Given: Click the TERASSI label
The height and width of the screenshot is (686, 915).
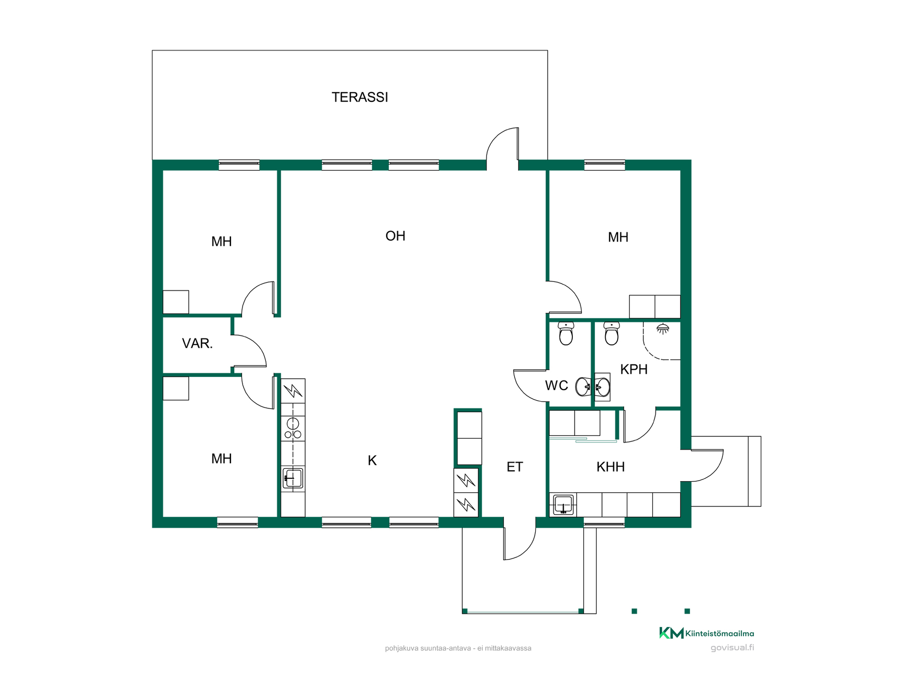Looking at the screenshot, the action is coord(360,97).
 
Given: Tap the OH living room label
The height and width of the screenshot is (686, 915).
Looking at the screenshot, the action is coord(395,236).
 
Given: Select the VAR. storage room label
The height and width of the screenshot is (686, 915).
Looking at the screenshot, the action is coord(197,343).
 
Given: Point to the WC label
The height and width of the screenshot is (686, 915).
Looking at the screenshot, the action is coord(557,385).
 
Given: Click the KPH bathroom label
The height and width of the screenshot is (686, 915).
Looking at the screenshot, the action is coord(634,369).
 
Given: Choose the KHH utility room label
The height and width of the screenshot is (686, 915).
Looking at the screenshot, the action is coord(610,467).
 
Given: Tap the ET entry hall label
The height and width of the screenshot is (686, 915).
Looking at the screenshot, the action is coord(515,467).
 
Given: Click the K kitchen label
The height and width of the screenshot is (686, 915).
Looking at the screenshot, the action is coord(372,461).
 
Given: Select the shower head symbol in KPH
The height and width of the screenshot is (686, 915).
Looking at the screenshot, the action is coord(662,329).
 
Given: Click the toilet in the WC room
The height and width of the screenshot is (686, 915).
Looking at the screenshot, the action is coord(566,333).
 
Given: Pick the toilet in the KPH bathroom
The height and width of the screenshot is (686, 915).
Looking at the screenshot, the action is coord(611,333).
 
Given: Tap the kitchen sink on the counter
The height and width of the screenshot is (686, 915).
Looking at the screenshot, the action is coord(293,478).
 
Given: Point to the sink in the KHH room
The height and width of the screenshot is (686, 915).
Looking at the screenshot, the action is coord(563,504).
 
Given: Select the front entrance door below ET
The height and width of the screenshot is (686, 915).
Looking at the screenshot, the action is coord(520,543).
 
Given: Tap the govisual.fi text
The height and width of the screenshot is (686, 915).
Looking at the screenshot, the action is coord(732,648).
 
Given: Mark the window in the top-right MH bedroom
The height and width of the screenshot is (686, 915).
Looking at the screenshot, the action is coord(604,165).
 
